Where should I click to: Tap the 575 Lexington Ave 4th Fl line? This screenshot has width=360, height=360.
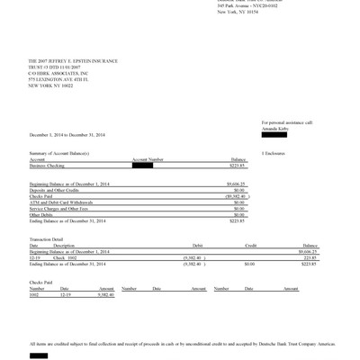(x=60, y=78)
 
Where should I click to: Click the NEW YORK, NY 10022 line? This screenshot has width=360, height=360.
(x=54, y=85)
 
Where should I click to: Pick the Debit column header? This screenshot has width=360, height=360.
(x=199, y=245)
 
